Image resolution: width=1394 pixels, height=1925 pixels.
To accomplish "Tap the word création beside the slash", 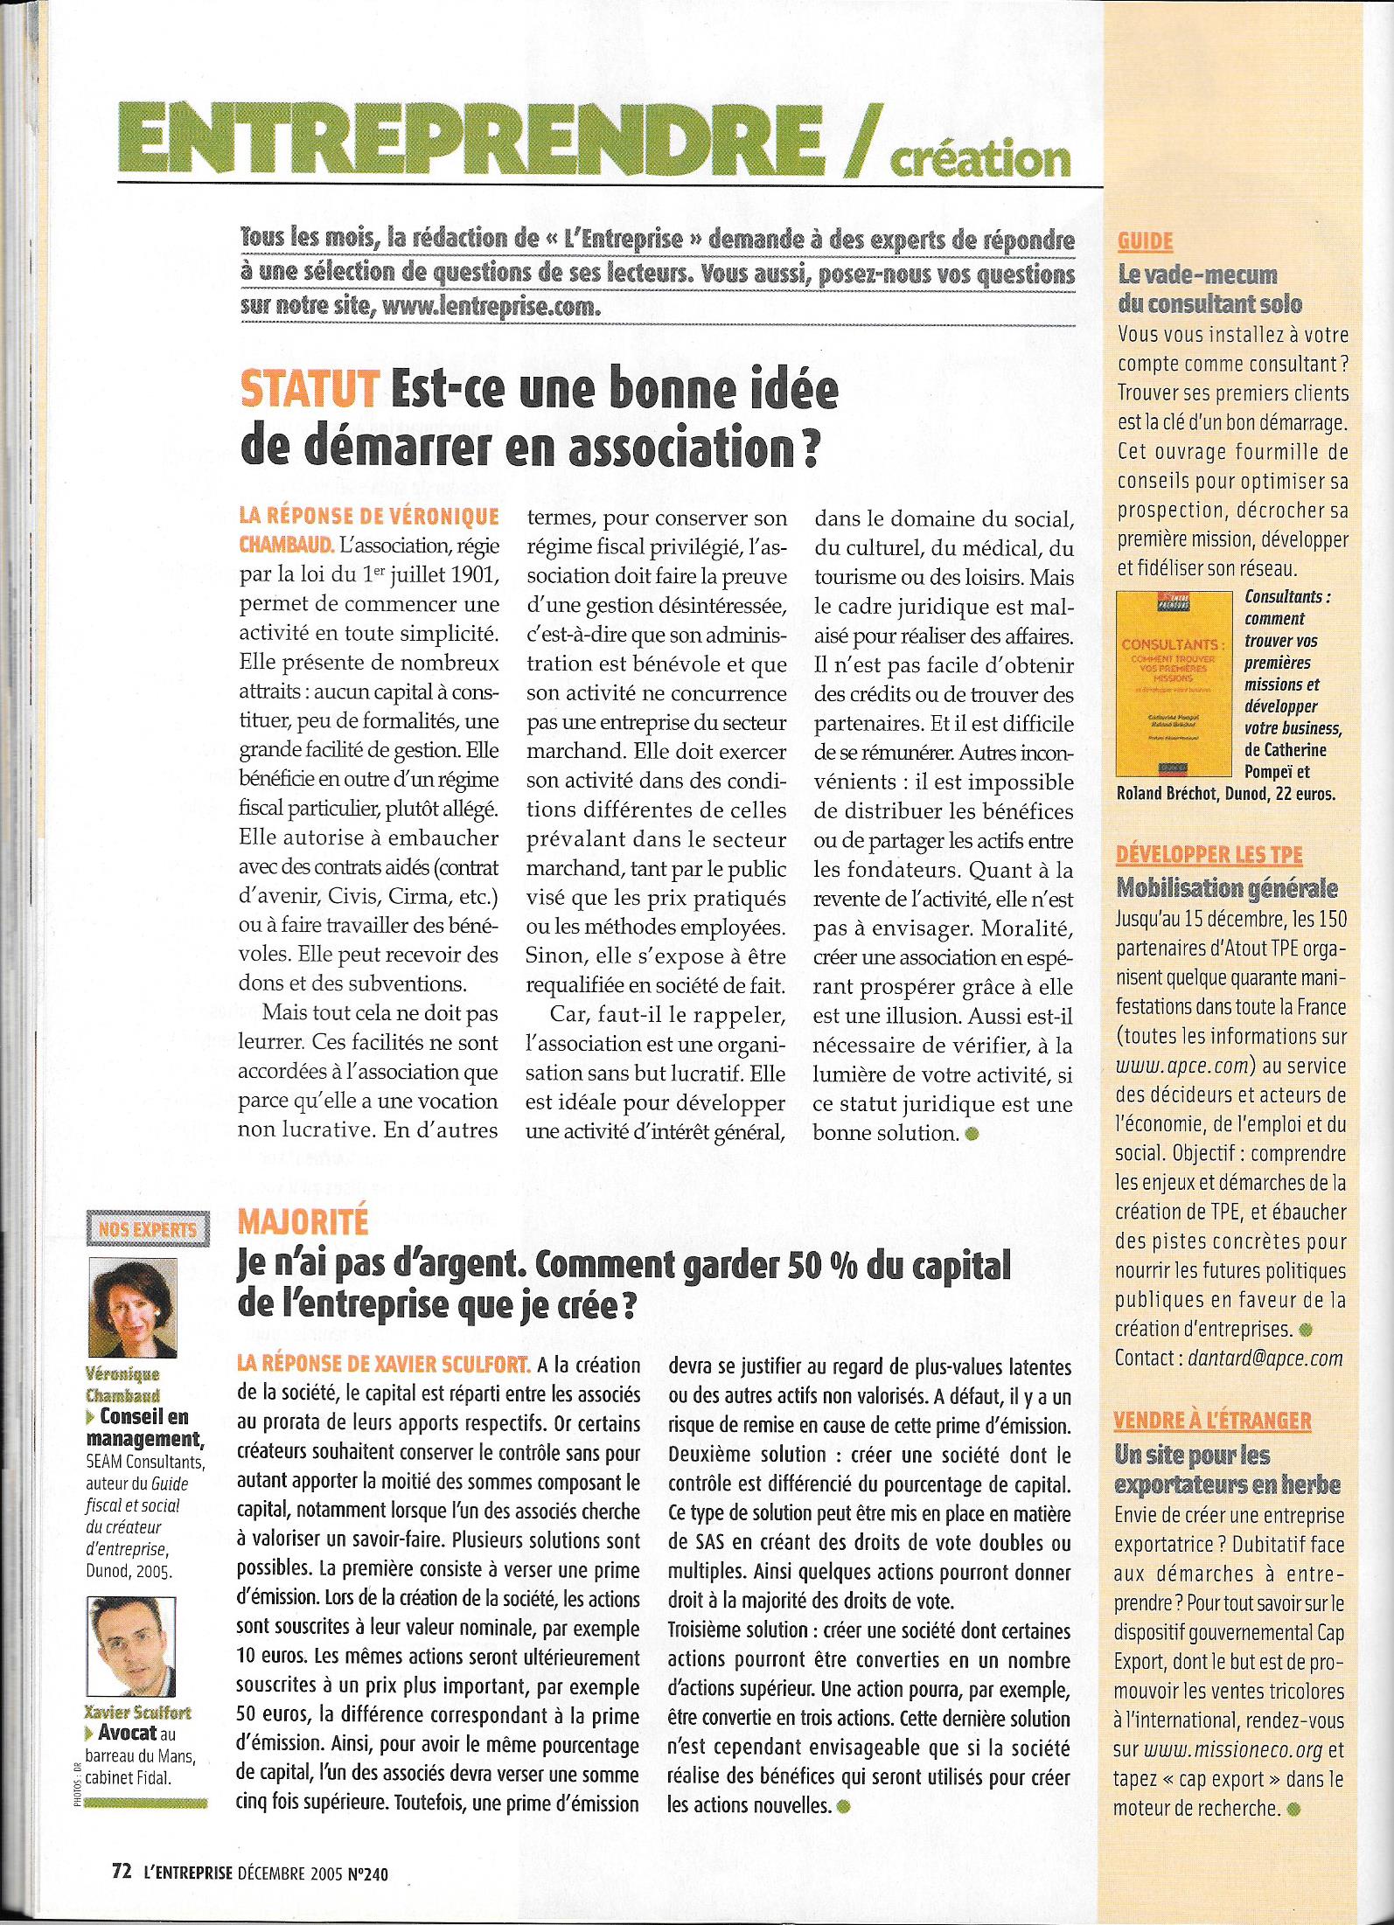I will point(976,157).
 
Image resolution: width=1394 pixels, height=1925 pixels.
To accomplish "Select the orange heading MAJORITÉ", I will point(298,1223).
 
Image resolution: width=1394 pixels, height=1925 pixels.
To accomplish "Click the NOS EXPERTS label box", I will point(144,1228).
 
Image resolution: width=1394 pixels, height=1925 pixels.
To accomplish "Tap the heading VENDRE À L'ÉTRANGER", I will point(1212,1421).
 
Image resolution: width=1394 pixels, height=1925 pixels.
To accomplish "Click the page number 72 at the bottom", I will point(122,1871).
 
